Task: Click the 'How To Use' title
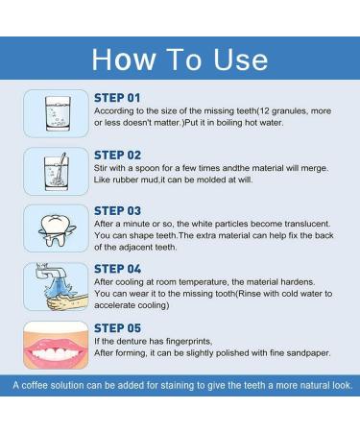click(x=180, y=59)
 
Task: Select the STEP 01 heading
click(x=117, y=98)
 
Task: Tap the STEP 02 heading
click(x=117, y=155)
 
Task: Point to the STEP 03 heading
click(x=117, y=210)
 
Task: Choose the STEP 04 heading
click(x=117, y=268)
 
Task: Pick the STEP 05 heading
click(x=117, y=325)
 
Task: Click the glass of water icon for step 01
click(x=55, y=114)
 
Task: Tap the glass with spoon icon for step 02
click(x=55, y=171)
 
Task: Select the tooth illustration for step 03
click(x=55, y=228)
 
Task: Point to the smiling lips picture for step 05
click(x=55, y=344)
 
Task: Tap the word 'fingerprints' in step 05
click(x=183, y=340)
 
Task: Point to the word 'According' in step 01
click(x=115, y=110)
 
